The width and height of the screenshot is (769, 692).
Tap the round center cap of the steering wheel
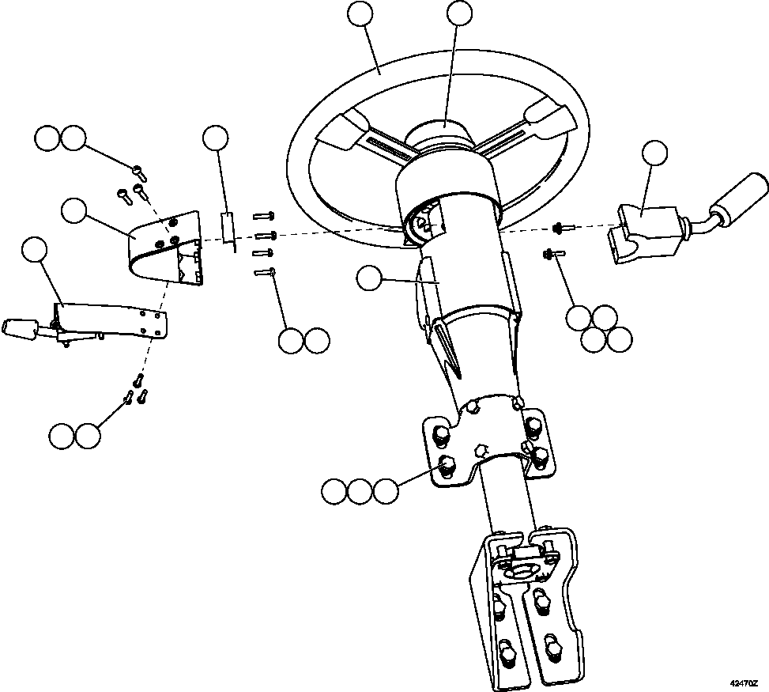click(x=445, y=130)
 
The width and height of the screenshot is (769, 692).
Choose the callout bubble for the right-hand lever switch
click(x=654, y=154)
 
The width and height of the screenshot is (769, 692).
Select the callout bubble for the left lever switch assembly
click(x=35, y=250)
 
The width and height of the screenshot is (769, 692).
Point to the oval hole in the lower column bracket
click(x=522, y=570)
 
